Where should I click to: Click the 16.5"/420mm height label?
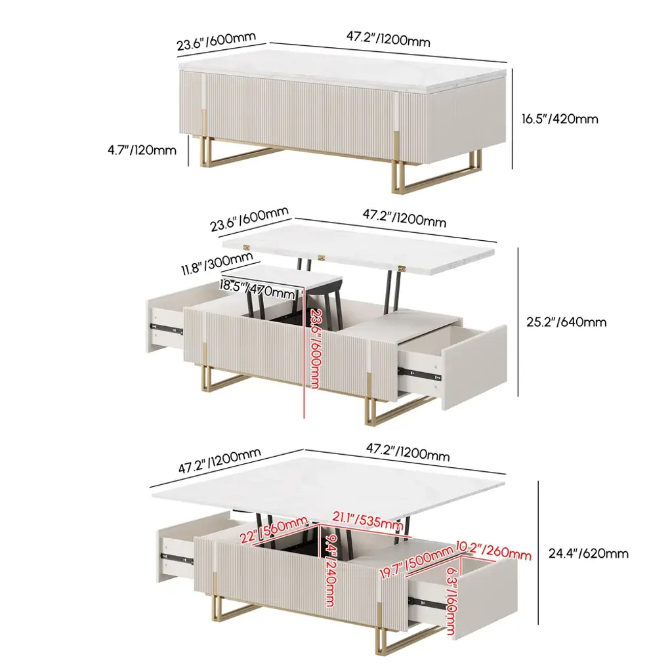[x=560, y=119]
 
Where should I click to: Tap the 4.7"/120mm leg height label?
[x=142, y=150]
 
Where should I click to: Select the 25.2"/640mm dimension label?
[x=566, y=322]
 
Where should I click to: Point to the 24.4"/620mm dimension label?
[x=589, y=553]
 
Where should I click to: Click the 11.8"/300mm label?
[x=217, y=263]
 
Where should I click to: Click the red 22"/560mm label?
[x=274, y=530]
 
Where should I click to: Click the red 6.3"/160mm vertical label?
[x=451, y=600]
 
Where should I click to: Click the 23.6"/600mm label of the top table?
[x=216, y=41]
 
